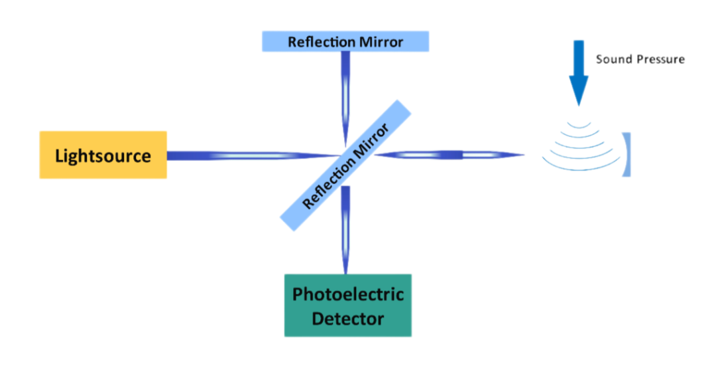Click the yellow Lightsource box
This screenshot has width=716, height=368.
(x=103, y=155)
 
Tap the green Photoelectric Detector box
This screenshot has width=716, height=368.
(x=348, y=306)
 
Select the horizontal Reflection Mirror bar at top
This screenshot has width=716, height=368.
(x=345, y=41)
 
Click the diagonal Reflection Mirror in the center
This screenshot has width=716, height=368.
(x=345, y=165)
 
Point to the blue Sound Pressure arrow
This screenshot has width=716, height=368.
(x=579, y=73)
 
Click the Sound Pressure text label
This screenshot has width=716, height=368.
(x=640, y=59)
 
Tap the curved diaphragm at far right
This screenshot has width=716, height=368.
(x=626, y=155)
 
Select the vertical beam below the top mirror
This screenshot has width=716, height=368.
(x=345, y=98)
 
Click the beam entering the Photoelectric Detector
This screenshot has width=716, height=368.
(x=345, y=230)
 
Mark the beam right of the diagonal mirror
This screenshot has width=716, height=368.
(x=449, y=155)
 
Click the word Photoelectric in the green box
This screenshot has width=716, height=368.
(x=348, y=294)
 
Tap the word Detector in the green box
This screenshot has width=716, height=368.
(x=348, y=318)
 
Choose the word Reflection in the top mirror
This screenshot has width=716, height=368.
(x=322, y=42)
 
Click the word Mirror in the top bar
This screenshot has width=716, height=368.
(x=381, y=42)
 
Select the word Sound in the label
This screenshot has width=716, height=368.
(x=611, y=59)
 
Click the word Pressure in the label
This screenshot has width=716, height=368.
(x=656, y=60)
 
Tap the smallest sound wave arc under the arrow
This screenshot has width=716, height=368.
(x=579, y=125)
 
